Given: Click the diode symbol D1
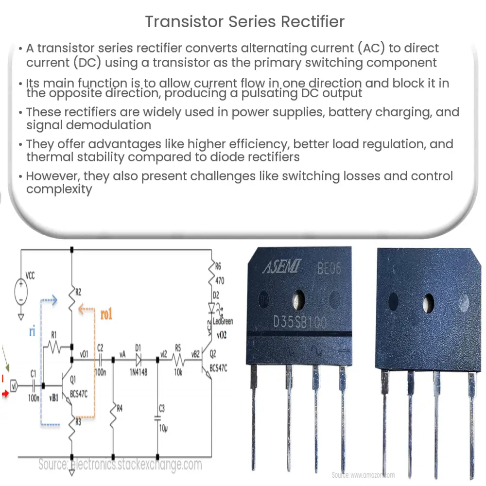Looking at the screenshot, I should pyautogui.click(x=139, y=360).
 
